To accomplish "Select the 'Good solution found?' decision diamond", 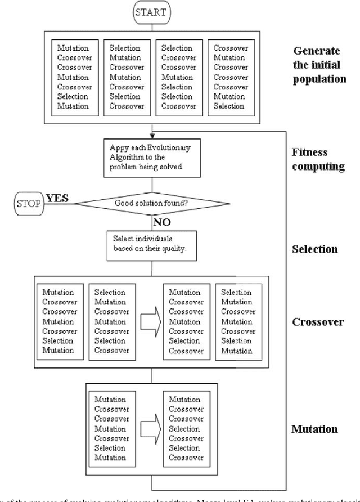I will pos(152,203).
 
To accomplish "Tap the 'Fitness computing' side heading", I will pos(317,160).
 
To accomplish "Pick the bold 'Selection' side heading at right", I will pos(314,248).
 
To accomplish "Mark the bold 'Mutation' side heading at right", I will pos(314,429).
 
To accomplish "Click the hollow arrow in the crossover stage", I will pos(150,321).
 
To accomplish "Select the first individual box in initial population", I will pos(74,78).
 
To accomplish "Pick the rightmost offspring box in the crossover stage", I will pos(238,322).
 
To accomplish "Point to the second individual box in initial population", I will pos(126,78).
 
